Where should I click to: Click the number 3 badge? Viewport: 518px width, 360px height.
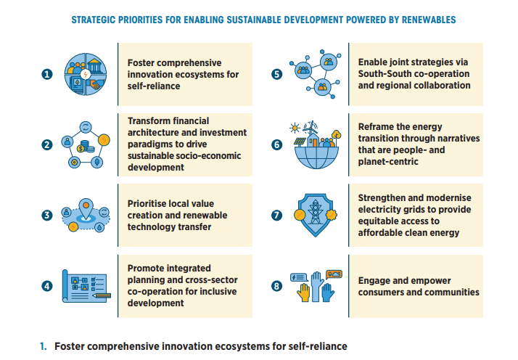[x=47, y=215]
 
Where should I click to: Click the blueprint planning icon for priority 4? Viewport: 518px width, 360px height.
[x=86, y=285]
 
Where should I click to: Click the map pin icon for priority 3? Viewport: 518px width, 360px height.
[x=86, y=210]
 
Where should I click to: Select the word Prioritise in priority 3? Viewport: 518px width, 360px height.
[x=147, y=204]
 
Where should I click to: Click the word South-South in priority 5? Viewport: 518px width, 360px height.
[x=385, y=74]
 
